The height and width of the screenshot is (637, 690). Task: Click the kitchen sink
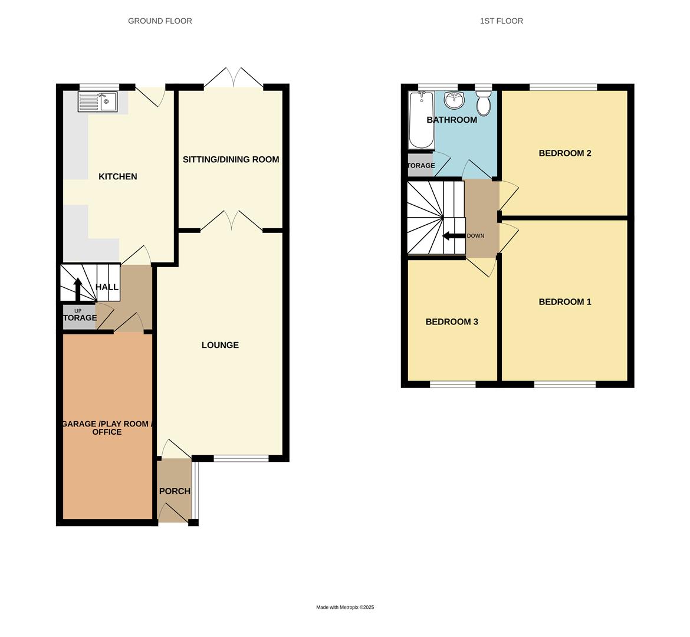(x=98, y=101)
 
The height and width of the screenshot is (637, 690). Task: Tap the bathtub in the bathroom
(x=420, y=121)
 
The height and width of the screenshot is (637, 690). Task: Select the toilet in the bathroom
(x=484, y=105)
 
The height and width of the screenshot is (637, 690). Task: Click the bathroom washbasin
(x=454, y=101)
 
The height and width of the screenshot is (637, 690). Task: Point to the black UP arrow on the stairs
(x=77, y=288)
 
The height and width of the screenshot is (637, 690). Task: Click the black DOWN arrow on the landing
(x=453, y=236)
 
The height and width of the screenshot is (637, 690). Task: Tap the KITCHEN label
(x=117, y=176)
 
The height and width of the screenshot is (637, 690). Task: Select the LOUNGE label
(x=220, y=345)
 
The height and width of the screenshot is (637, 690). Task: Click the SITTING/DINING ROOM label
(x=231, y=159)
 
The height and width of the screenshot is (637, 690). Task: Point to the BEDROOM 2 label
(x=564, y=153)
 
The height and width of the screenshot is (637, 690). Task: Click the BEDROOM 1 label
(x=564, y=302)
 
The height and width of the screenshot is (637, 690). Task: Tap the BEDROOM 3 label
(x=452, y=322)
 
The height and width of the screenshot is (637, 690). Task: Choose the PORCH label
(x=175, y=491)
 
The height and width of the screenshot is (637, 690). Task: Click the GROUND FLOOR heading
(x=160, y=21)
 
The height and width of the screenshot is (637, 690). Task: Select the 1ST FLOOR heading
(x=501, y=21)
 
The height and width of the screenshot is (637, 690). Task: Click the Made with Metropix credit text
(x=345, y=607)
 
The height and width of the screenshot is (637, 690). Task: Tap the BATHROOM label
(x=452, y=120)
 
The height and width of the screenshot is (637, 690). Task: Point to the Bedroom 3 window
(x=452, y=385)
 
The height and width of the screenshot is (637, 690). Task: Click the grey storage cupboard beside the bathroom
(x=420, y=165)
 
